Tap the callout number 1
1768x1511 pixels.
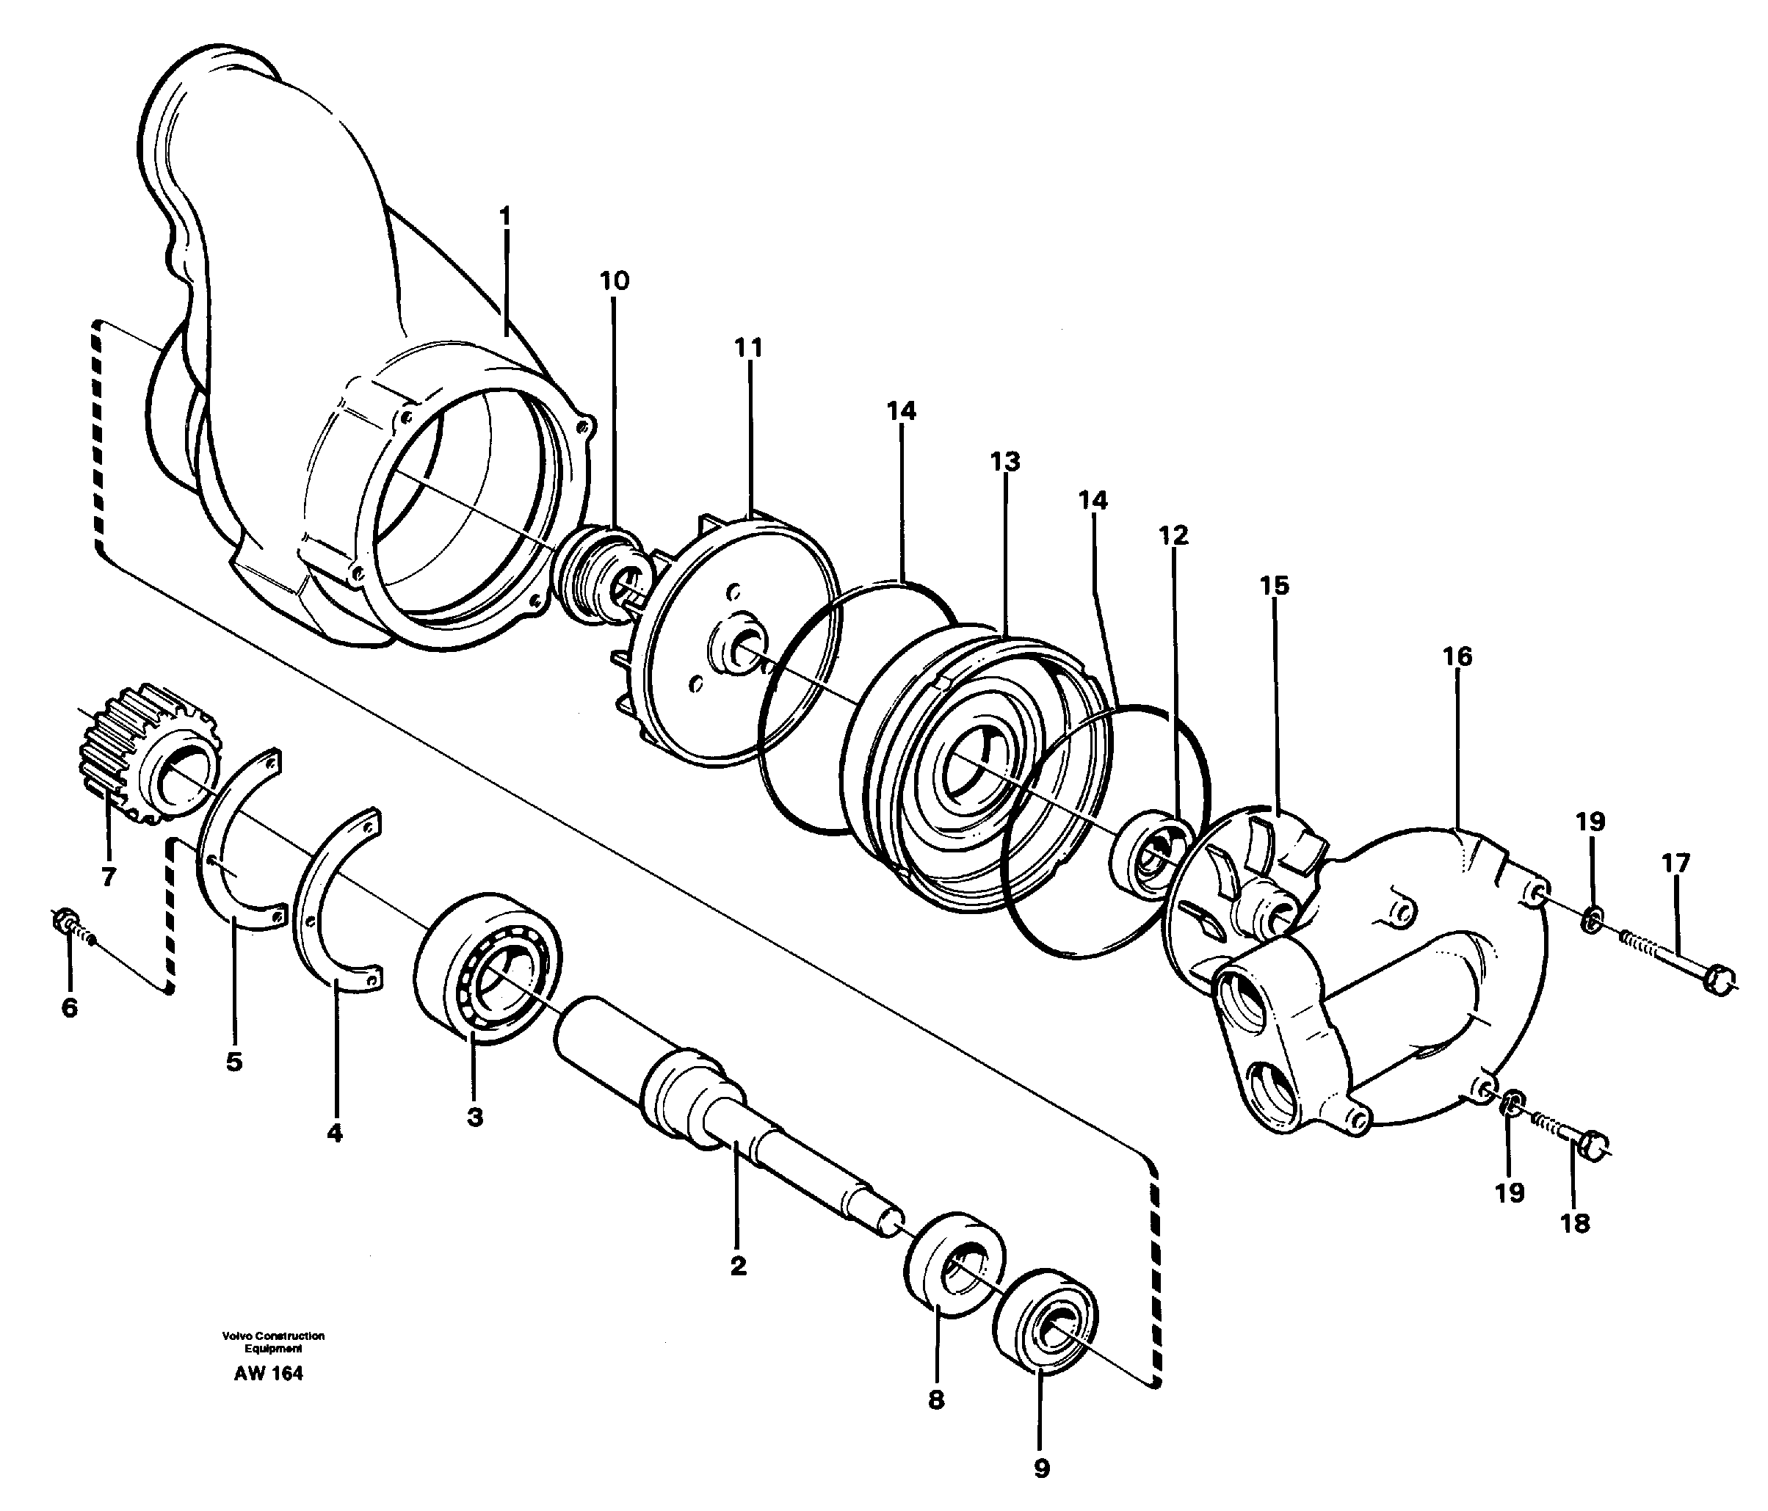tap(505, 217)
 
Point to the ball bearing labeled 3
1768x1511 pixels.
tap(485, 967)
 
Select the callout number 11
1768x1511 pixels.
tap(748, 349)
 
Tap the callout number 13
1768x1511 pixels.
tap(1004, 463)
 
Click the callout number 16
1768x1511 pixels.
tap(1457, 657)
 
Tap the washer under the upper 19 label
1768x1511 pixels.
tap(1590, 921)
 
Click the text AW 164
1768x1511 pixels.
tap(268, 1374)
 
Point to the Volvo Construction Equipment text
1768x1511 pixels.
tap(273, 1342)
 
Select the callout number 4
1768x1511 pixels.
tap(335, 1133)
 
